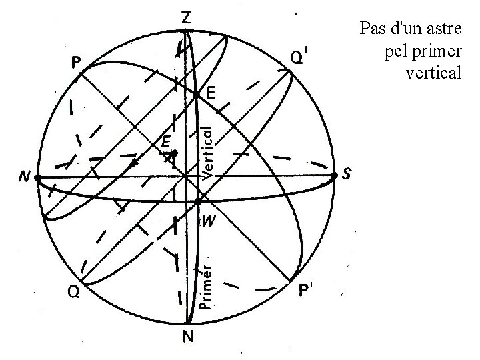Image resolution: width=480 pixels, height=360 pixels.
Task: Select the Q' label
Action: [299, 59]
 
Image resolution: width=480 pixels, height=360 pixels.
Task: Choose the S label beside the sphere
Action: [347, 175]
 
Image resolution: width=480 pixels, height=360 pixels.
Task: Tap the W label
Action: [207, 222]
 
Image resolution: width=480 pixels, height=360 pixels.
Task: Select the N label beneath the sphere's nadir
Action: [188, 337]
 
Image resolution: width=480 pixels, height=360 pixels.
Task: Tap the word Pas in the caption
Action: [371, 29]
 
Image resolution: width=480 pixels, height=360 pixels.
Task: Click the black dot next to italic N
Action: [38, 178]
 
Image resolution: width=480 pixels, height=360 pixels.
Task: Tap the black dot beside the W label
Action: [198, 201]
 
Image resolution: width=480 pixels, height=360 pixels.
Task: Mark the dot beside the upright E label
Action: [195, 95]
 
